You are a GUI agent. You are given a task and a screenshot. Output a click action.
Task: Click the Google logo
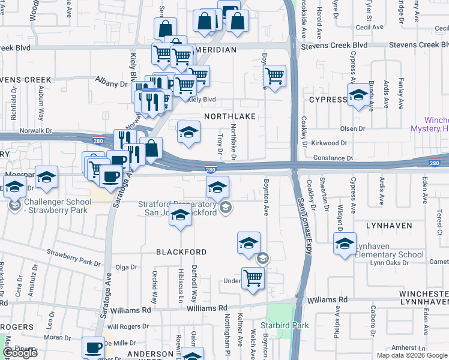[x=20, y=353]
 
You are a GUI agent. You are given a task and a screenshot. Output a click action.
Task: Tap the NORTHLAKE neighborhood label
[x=230, y=116]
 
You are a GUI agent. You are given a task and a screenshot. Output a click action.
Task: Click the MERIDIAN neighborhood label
[x=217, y=50]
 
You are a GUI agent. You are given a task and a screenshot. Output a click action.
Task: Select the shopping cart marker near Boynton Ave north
[x=274, y=77]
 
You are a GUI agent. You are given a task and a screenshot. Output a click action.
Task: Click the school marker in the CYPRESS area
[x=359, y=95]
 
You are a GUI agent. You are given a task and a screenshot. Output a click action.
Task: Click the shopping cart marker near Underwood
[x=253, y=278]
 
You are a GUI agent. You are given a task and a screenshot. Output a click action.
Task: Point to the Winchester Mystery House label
[x=429, y=124]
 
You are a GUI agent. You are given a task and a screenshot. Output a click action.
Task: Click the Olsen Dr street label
[x=352, y=128]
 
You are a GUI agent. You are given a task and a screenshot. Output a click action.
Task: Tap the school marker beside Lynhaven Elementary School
[x=345, y=244]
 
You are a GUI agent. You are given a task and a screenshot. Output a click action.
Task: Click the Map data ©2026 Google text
[x=411, y=355]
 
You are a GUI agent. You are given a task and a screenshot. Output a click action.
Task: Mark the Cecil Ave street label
[x=369, y=27]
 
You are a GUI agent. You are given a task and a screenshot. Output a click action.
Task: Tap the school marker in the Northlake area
[x=188, y=132]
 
